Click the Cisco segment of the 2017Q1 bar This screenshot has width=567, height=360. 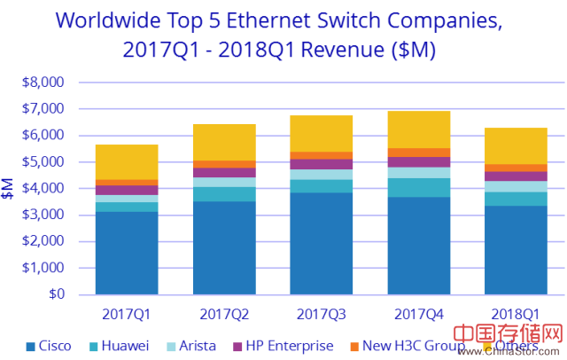127,253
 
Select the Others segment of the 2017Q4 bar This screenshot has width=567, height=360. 419,129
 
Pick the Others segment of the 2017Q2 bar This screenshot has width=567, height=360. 224,143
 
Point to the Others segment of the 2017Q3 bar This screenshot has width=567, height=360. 322,134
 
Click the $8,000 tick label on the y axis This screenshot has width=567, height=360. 43,82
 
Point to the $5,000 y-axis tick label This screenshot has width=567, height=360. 43,162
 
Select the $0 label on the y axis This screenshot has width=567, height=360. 55,294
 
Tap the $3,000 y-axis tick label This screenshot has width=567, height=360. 43,215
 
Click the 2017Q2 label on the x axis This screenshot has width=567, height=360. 224,313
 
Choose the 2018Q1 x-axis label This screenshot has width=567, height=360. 516,313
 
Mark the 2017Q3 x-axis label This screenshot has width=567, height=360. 322,313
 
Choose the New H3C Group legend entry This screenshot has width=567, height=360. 403,346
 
